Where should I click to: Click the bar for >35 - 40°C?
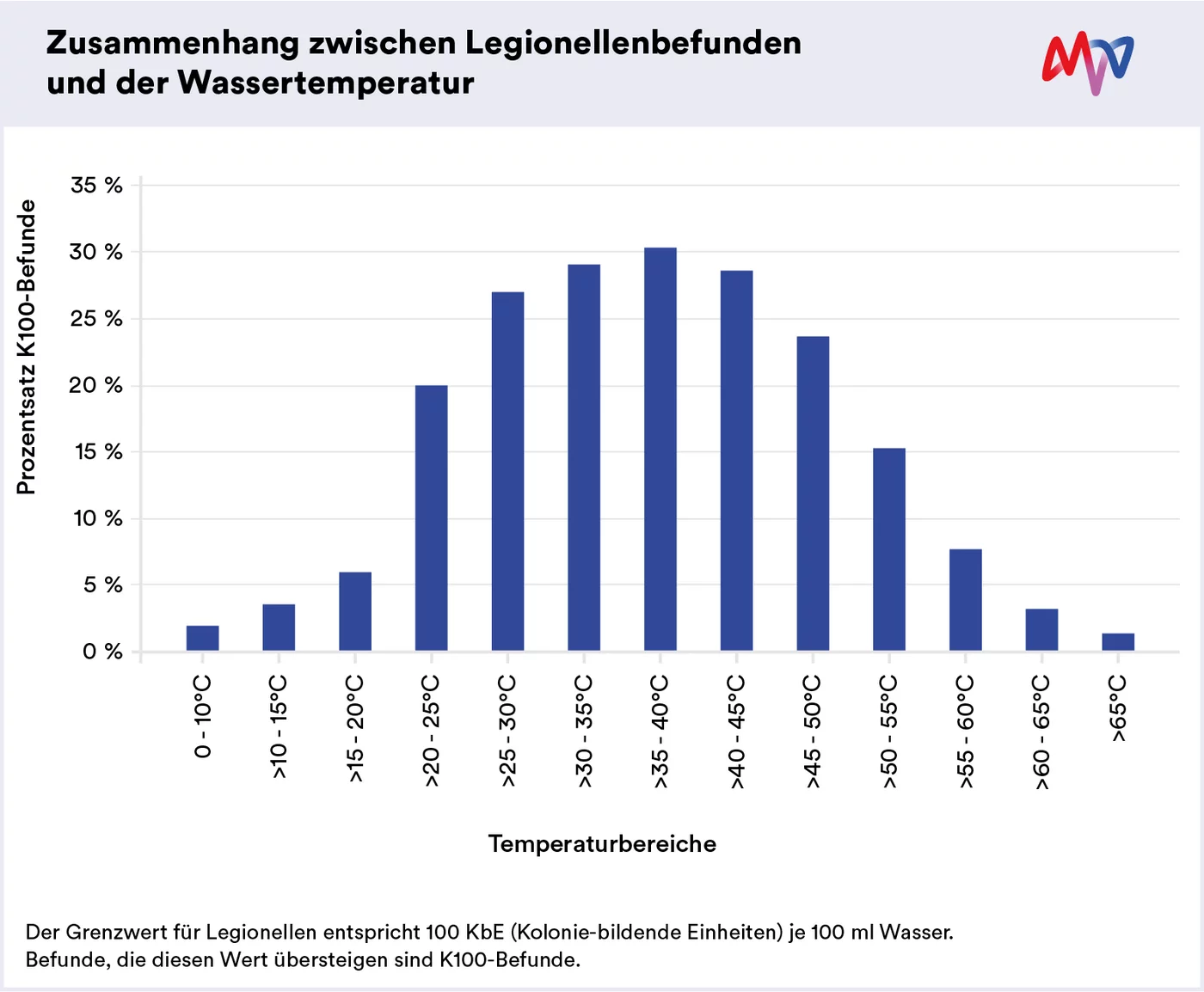[660, 449]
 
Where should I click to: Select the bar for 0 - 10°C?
[202, 638]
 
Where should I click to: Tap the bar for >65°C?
[1118, 642]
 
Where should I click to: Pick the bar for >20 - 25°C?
[431, 517]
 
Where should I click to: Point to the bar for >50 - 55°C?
[889, 549]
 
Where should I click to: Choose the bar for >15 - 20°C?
[355, 611]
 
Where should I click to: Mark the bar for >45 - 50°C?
[813, 493]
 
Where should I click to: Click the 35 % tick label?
[96, 185]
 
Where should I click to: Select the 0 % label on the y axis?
[102, 652]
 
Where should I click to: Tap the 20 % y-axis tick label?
[96, 385]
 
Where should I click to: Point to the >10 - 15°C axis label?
[279, 727]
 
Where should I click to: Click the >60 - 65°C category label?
[1041, 732]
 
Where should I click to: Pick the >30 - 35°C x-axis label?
[584, 731]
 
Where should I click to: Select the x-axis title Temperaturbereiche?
[602, 844]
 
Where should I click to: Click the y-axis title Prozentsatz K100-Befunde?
[27, 347]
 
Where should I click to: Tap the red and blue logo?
[1087, 63]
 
